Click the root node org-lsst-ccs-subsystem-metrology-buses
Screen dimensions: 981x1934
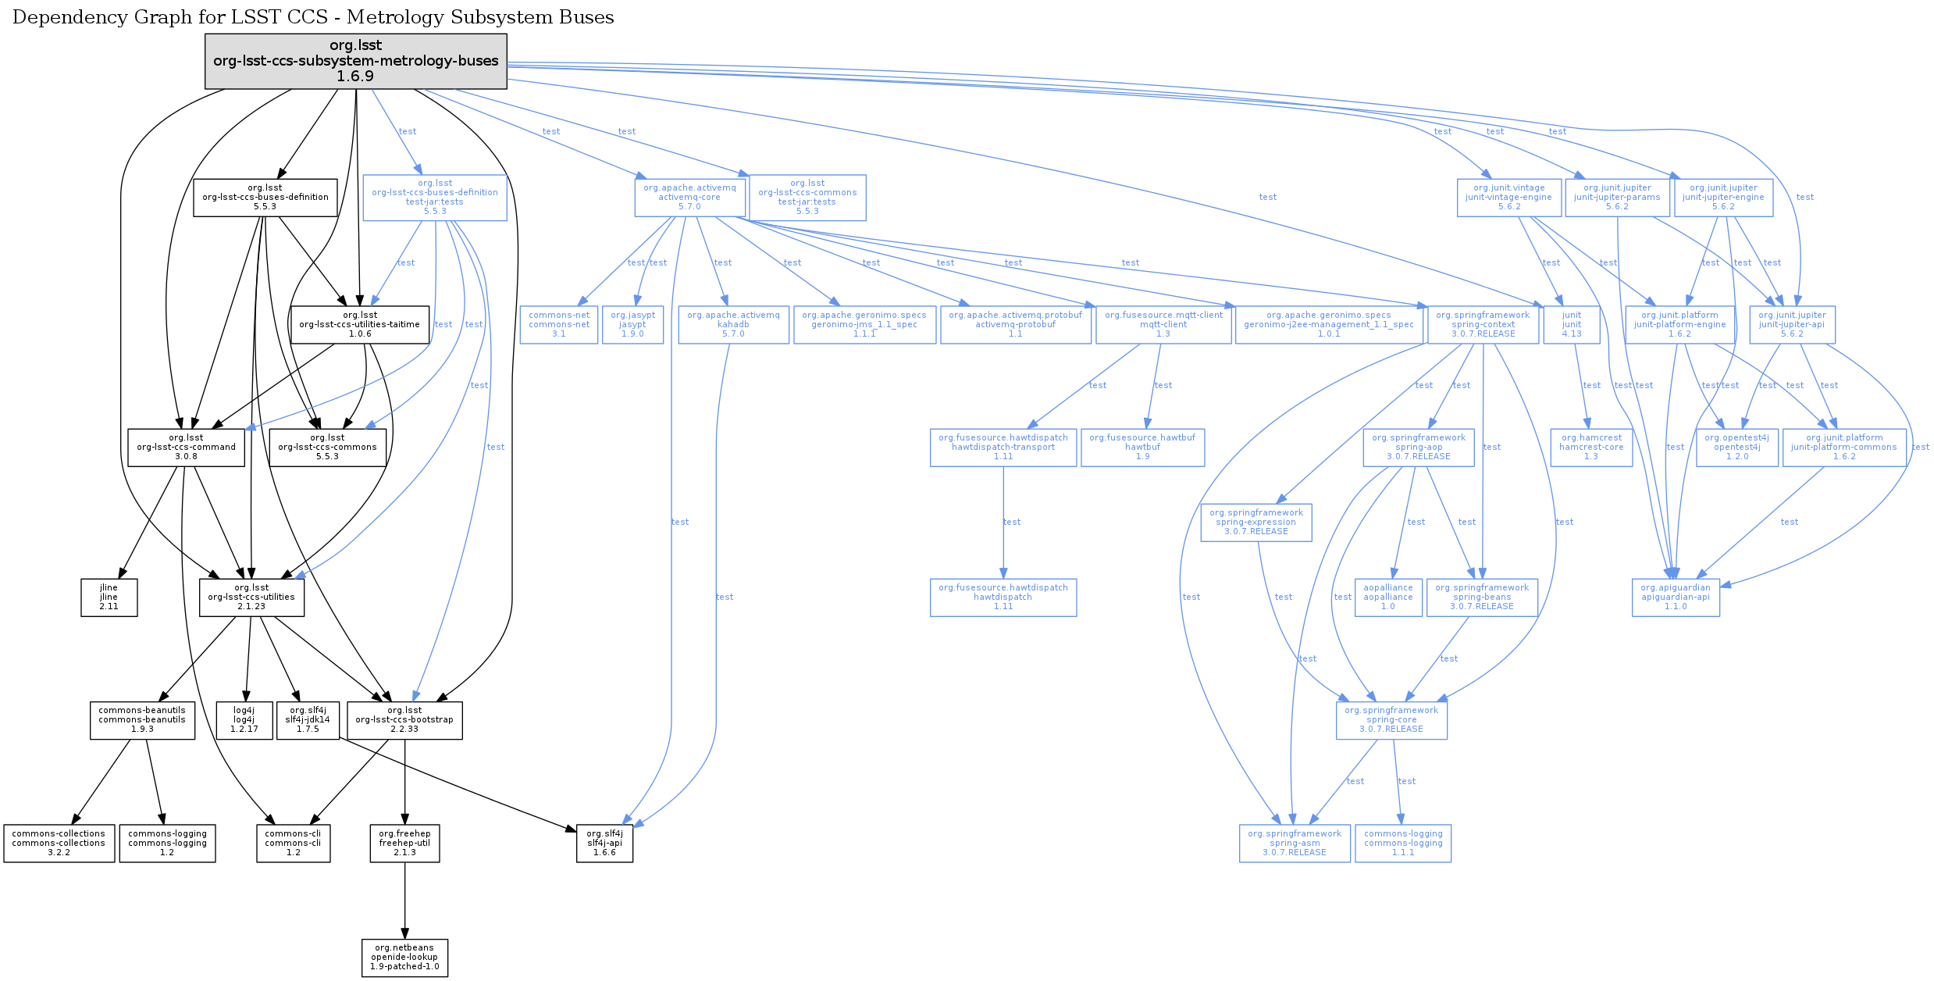[x=355, y=61]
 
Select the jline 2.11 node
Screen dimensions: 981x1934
[x=109, y=598]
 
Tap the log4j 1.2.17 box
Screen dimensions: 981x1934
[x=244, y=720]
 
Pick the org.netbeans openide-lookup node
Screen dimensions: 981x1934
[x=404, y=958]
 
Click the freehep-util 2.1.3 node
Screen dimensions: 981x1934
[x=404, y=844]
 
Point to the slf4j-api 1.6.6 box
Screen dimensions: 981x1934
[x=604, y=844]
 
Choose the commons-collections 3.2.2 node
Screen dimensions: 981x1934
[x=59, y=844]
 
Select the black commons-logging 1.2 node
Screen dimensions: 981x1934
[x=167, y=844]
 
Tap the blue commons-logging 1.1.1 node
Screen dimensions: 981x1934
[x=1403, y=844]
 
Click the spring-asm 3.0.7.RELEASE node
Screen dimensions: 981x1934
[x=1295, y=844]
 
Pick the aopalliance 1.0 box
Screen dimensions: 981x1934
[x=1388, y=598]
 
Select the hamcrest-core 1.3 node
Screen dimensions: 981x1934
[x=1591, y=448]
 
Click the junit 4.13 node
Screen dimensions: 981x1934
[x=1572, y=325]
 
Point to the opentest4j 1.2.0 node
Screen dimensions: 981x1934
[x=1737, y=448]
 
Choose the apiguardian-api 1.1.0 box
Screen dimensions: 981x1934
[x=1676, y=598]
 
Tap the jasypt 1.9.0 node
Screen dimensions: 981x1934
[x=632, y=325]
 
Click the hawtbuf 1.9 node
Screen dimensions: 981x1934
[x=1142, y=448]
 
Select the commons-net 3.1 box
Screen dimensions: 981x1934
[x=559, y=325]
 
